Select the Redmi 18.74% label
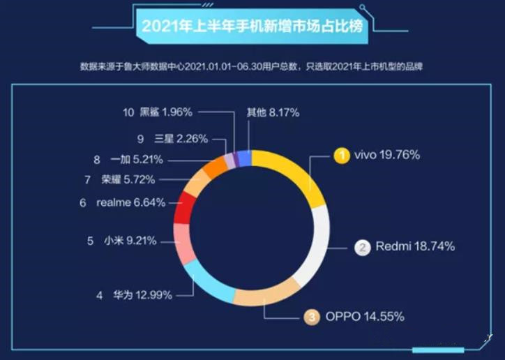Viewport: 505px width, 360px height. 415,246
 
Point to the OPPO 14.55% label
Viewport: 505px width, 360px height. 365,317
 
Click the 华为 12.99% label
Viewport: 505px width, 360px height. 143,295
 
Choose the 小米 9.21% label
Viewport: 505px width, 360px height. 131,241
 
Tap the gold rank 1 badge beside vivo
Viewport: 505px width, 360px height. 341,156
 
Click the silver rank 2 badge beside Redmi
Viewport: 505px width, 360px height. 363,247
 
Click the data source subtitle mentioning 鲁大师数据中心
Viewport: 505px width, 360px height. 252,67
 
